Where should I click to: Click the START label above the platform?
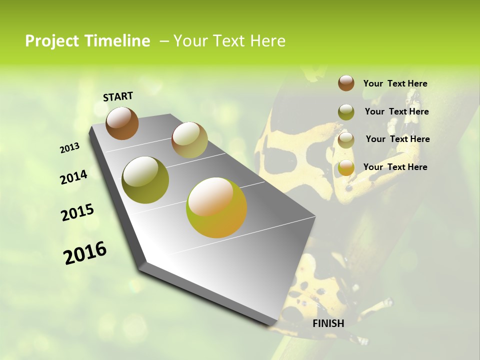click(118, 96)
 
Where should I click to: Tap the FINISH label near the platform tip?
click(328, 323)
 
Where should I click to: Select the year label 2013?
click(69, 148)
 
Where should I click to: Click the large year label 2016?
click(85, 253)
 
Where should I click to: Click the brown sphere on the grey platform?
click(122, 123)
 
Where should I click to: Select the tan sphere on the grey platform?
click(189, 140)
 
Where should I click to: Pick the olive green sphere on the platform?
click(145, 180)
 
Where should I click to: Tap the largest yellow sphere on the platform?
click(216, 207)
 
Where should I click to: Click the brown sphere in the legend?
click(346, 83)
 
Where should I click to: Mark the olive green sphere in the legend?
click(346, 112)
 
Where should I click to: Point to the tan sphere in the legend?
click(346, 140)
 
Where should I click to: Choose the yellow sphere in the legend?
click(346, 168)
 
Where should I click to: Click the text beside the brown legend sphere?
click(395, 83)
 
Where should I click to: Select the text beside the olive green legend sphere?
click(396, 111)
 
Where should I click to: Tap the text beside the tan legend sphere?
click(397, 139)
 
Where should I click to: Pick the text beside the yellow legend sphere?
click(395, 167)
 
